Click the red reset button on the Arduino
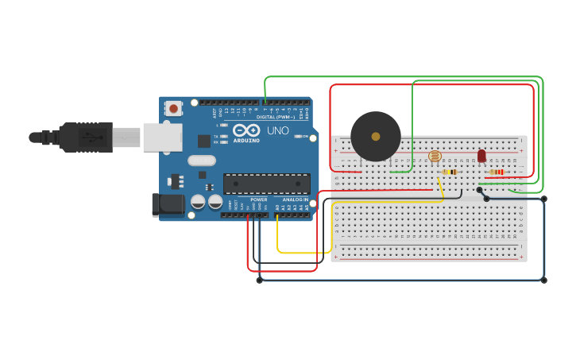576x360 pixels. (x=173, y=107)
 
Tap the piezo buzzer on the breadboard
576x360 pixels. (x=376, y=136)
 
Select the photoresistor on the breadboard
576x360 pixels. (x=434, y=156)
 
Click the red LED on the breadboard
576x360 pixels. (x=481, y=156)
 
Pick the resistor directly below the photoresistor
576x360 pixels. (x=450, y=172)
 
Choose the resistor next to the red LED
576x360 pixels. (x=497, y=172)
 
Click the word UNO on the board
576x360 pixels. (x=277, y=130)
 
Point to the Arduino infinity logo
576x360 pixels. (x=246, y=130)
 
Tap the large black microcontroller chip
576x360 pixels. (x=266, y=184)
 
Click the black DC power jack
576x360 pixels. (x=168, y=204)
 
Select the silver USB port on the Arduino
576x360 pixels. (x=162, y=137)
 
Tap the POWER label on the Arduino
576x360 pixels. (x=259, y=199)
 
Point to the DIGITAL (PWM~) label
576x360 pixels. (x=275, y=117)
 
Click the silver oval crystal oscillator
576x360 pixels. (x=202, y=160)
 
